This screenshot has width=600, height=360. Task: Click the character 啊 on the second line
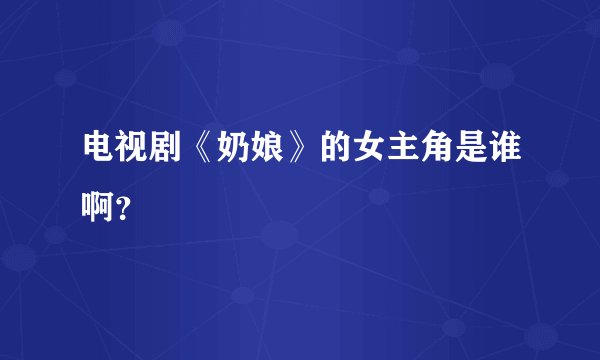[98, 190]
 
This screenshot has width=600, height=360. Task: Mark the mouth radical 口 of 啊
[87, 190]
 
